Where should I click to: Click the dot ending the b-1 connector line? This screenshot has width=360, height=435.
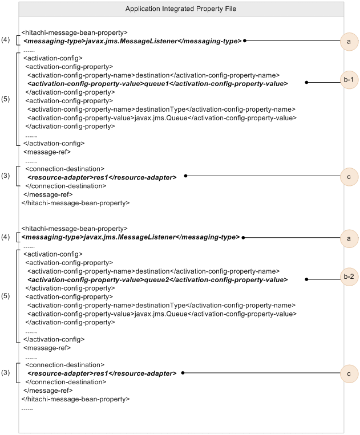coord(306,82)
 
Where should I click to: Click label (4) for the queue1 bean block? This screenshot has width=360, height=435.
coord(6,39)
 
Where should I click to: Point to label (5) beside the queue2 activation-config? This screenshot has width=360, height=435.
coord(6,296)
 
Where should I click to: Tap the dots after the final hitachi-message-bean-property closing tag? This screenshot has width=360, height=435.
coord(27,409)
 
